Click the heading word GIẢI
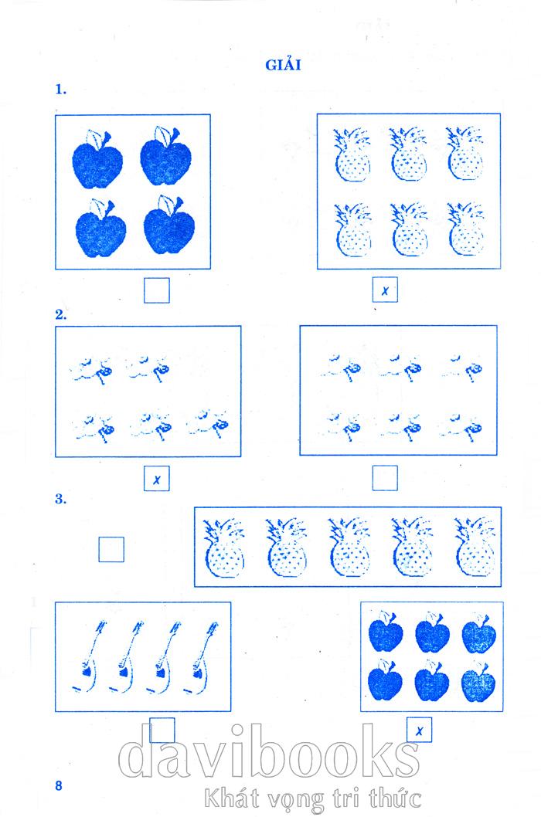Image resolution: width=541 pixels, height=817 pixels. click(x=284, y=65)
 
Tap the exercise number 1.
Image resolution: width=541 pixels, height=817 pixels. click(x=60, y=89)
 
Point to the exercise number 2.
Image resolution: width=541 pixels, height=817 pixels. click(x=60, y=314)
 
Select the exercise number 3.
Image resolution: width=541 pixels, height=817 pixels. click(x=60, y=499)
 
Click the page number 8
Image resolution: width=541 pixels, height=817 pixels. click(x=59, y=785)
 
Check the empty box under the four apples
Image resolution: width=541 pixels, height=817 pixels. click(x=157, y=290)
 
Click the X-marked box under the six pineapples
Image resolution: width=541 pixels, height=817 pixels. click(x=385, y=290)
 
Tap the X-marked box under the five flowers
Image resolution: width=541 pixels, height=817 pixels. click(x=157, y=478)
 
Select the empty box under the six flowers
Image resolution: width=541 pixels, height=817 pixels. click(x=385, y=478)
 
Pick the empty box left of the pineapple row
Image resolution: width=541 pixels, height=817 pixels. click(x=111, y=549)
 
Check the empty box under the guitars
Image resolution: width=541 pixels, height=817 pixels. click(x=162, y=730)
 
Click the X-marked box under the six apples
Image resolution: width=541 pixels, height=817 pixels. click(x=419, y=730)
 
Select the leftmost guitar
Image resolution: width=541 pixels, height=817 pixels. click(x=89, y=656)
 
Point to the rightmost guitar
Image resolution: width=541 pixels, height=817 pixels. click(x=201, y=656)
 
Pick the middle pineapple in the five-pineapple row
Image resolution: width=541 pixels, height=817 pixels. click(x=349, y=547)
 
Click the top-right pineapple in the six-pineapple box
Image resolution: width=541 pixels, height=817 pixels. click(x=465, y=154)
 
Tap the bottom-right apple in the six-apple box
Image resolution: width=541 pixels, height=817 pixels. click(x=478, y=681)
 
